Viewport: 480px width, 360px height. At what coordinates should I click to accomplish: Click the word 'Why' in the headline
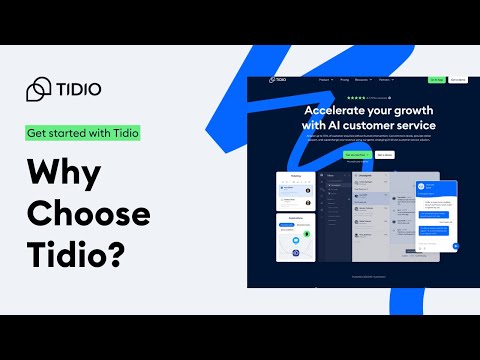point(63,172)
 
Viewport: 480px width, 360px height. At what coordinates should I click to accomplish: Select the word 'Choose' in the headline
point(88,214)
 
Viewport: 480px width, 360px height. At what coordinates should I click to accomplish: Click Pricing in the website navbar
point(345,79)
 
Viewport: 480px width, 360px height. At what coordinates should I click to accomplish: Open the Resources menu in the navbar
point(367,79)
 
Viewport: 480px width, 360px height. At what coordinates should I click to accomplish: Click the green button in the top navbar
point(436,79)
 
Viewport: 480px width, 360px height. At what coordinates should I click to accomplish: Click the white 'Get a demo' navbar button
point(457,79)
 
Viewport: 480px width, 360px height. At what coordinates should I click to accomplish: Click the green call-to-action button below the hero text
point(356,155)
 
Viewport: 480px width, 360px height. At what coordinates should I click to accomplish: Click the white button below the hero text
point(384,155)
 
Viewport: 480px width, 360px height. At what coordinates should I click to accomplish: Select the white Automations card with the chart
point(296,238)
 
